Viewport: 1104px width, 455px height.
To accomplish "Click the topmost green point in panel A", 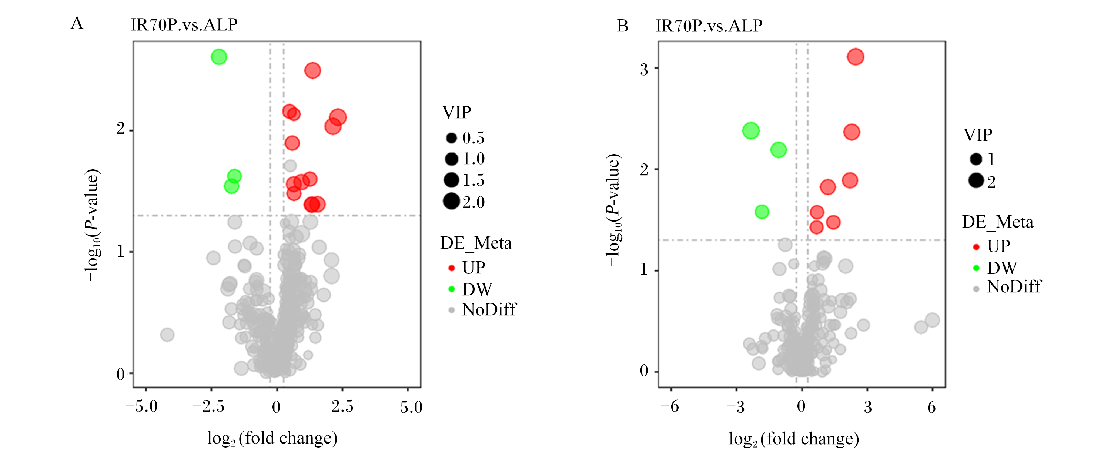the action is [219, 57].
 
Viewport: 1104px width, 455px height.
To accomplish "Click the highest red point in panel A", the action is [312, 70].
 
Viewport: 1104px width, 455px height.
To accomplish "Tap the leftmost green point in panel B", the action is [751, 130].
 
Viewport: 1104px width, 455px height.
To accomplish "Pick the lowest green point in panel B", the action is [762, 212].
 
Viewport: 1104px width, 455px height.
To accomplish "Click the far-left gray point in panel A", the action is [167, 335].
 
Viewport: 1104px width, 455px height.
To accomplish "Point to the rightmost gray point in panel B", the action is [932, 320].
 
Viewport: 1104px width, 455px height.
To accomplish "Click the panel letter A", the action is [77, 23].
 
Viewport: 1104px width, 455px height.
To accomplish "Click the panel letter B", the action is [623, 26].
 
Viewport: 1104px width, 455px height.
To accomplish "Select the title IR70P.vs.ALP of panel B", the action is [709, 26].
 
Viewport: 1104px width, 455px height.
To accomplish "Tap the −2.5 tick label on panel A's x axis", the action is [208, 406].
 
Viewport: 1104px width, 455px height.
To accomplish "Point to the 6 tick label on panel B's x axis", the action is [932, 406].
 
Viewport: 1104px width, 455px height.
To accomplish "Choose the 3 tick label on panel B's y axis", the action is [644, 69].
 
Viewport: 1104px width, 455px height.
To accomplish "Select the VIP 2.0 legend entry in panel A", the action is [464, 202].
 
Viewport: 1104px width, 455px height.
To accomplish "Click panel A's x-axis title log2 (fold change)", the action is [272, 438].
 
